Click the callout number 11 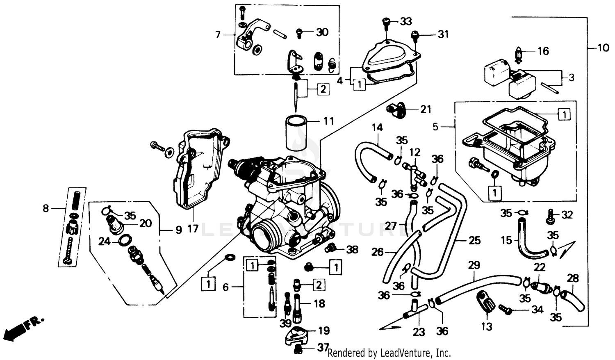tap(328, 121)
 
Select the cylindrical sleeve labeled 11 tap(296, 132)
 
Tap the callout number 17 tap(193, 228)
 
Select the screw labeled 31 tap(415, 36)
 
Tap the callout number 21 tap(426, 109)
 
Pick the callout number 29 tap(474, 265)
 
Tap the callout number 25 tap(474, 240)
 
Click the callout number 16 tap(543, 51)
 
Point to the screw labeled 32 tap(550, 216)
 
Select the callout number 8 tap(46, 208)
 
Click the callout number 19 tap(324, 330)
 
